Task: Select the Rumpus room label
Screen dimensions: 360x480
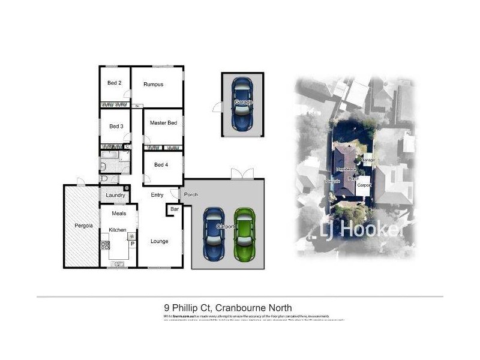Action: (x=153, y=85)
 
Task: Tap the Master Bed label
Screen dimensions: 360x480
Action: (x=163, y=123)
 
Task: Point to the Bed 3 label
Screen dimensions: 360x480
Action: (x=116, y=127)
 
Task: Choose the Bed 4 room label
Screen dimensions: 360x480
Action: (x=161, y=165)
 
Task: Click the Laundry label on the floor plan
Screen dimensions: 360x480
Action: (x=115, y=195)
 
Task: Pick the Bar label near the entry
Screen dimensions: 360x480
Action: (x=174, y=209)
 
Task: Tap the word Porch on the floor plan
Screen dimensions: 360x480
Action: (x=191, y=195)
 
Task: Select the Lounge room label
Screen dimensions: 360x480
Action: (x=159, y=242)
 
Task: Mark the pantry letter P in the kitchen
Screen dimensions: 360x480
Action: (x=131, y=244)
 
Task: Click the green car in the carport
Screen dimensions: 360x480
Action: (x=245, y=234)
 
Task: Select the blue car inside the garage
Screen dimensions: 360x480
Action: (x=242, y=103)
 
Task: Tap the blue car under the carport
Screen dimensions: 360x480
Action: (x=214, y=234)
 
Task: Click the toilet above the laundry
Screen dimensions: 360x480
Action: (x=104, y=179)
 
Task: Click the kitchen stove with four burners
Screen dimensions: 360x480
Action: (x=105, y=245)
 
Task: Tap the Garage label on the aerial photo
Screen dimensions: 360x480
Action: (x=368, y=161)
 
